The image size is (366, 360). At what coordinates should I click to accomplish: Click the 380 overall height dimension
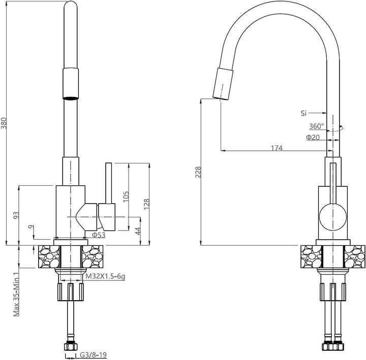[4, 123]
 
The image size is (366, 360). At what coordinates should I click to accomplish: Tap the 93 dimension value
[16, 215]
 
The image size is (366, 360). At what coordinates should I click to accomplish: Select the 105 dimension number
[126, 197]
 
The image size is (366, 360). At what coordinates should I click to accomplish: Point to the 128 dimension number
[146, 204]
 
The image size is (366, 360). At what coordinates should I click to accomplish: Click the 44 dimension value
[138, 231]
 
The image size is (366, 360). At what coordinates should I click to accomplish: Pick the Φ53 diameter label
[99, 235]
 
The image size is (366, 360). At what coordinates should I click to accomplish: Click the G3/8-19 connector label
[94, 355]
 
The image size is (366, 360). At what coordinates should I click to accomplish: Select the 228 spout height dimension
[198, 172]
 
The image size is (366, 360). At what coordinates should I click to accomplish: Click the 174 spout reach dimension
[277, 148]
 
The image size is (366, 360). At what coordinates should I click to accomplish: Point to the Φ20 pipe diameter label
[313, 137]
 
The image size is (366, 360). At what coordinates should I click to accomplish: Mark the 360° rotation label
[317, 126]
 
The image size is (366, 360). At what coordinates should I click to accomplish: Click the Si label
[303, 113]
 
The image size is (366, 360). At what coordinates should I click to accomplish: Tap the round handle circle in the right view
[333, 217]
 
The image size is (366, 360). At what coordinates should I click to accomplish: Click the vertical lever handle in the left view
[109, 183]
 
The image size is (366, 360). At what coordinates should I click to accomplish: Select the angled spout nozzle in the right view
[223, 84]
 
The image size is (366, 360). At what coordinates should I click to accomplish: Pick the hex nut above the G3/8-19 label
[70, 346]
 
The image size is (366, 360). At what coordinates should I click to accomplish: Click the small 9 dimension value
[32, 226]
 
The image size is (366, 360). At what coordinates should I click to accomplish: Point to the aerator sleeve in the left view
[71, 84]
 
